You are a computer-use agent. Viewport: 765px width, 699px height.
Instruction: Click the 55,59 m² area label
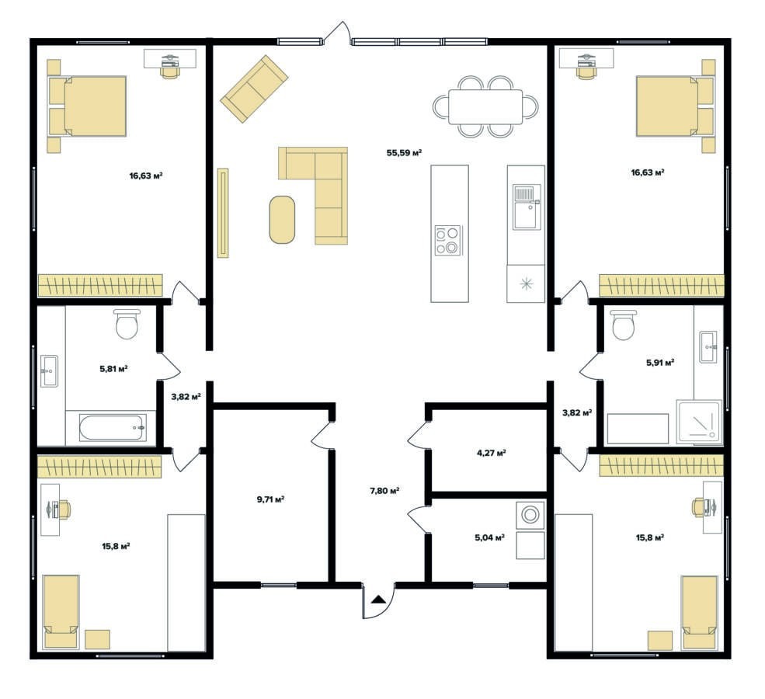404,153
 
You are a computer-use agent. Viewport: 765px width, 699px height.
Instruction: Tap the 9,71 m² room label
270,499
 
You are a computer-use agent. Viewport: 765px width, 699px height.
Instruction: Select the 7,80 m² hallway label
385,491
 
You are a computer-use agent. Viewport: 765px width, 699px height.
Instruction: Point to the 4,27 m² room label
491,453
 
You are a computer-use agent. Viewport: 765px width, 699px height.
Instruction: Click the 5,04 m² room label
489,537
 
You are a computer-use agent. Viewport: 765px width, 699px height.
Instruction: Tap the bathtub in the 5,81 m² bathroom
113,428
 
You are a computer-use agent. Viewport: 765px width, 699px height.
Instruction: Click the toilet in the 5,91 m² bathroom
624,325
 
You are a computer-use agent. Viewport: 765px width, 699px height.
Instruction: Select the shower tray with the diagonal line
699,422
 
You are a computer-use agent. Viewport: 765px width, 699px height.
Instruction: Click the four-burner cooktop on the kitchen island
448,241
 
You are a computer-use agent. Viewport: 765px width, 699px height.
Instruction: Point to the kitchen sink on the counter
526,207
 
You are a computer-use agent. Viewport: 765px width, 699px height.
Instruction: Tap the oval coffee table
282,219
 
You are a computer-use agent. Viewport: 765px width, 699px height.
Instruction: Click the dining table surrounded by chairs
485,107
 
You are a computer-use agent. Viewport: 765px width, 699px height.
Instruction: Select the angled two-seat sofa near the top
254,89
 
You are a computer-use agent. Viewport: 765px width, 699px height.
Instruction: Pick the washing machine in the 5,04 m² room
530,515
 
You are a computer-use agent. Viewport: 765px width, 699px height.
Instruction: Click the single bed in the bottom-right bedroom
699,612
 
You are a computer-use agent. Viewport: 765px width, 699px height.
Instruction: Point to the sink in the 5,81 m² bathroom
49,371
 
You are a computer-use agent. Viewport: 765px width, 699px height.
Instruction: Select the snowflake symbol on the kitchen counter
526,283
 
